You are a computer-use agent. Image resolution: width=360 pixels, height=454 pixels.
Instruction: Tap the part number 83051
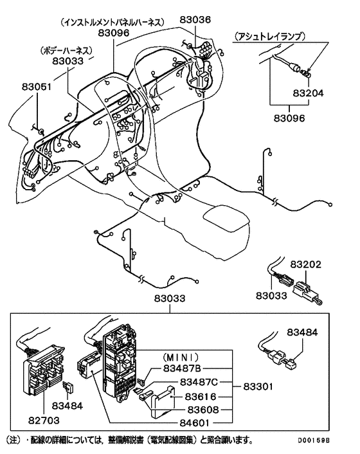pyautogui.click(x=36, y=86)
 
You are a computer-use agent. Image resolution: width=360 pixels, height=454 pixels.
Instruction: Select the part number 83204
pyautogui.click(x=307, y=93)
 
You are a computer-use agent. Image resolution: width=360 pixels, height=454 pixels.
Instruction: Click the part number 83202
pyautogui.click(x=305, y=264)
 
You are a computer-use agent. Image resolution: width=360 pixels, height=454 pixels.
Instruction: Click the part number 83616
pyautogui.click(x=203, y=397)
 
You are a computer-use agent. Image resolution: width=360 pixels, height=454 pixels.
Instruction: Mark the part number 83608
pyautogui.click(x=203, y=410)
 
